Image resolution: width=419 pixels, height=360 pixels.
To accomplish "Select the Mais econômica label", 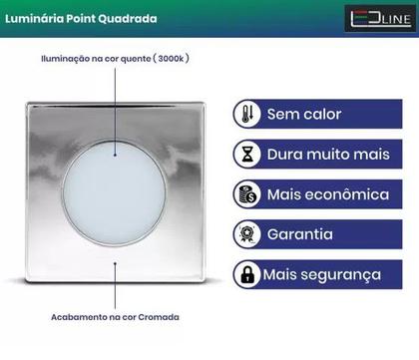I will pyautogui.click(x=326, y=194).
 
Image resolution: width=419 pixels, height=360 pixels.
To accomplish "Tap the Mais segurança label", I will pyautogui.click(x=322, y=273).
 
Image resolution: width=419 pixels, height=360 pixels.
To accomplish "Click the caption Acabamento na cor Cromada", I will pyautogui.click(x=115, y=316).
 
